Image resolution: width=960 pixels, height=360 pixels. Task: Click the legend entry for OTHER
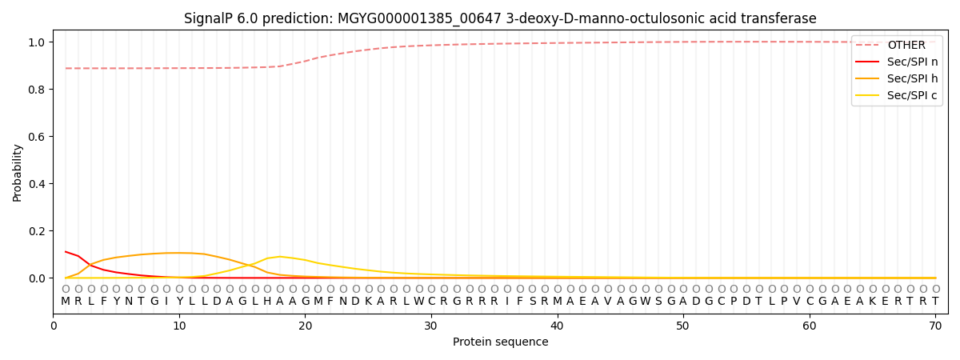click(x=906, y=46)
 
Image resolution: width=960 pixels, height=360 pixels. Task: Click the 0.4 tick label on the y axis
click(x=38, y=184)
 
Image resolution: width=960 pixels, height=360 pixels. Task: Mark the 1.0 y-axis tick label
click(x=38, y=42)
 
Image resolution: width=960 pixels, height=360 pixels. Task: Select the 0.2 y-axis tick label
click(x=38, y=231)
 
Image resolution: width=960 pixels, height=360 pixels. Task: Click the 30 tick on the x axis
click(x=431, y=326)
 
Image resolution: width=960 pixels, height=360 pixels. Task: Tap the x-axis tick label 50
click(x=682, y=326)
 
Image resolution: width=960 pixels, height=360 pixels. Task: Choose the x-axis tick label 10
click(x=179, y=326)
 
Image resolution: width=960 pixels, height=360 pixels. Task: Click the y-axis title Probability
click(x=18, y=172)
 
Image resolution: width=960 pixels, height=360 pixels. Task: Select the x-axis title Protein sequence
click(x=500, y=342)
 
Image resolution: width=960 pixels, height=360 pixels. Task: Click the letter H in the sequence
click(x=267, y=302)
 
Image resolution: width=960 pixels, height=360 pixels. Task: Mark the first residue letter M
click(x=66, y=302)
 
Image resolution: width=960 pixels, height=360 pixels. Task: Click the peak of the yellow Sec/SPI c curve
click(x=280, y=257)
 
